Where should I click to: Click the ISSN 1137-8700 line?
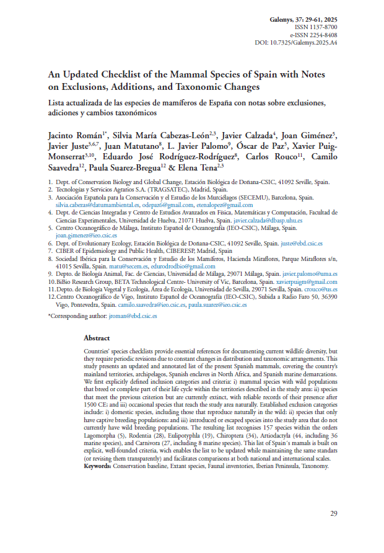click(318, 28)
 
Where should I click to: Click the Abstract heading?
click(97, 338)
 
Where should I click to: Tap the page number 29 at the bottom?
click(333, 513)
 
